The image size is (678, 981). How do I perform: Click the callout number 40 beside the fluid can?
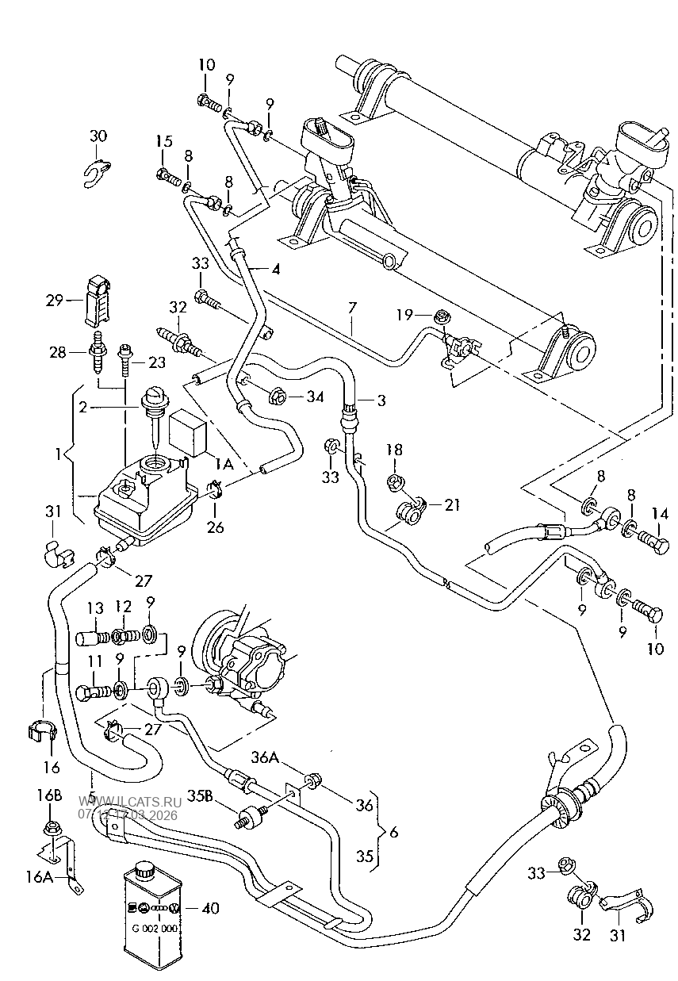210,908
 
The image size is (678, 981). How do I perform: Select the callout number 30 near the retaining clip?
98,136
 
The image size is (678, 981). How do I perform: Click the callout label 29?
54,301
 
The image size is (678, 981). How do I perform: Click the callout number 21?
451,505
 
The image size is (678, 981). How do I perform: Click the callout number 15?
163,141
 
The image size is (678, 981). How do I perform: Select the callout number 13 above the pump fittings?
95,608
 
